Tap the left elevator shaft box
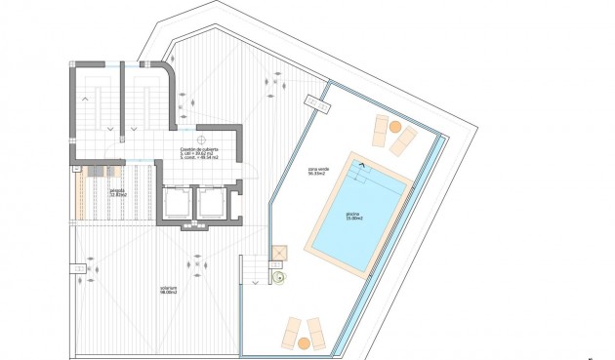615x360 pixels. pos(179,203)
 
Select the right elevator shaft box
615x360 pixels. pos(212,203)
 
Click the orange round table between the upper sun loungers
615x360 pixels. pos(394,127)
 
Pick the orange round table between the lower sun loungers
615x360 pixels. pos(304,341)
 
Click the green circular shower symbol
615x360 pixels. pos(278,276)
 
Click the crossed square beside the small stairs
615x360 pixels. pos(277,253)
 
